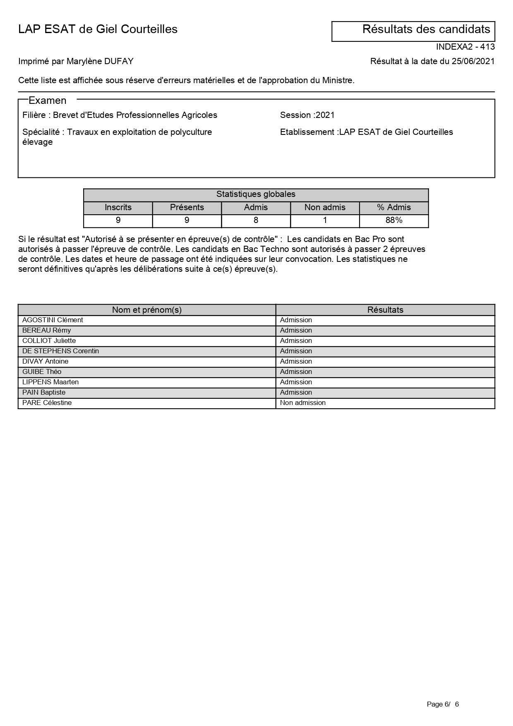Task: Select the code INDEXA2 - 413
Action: pos(465,47)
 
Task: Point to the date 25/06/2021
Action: pos(473,62)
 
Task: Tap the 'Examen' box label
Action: pos(48,101)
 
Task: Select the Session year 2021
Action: pos(325,115)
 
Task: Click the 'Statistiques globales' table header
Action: pos(256,194)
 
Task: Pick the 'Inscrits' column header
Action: pos(118,208)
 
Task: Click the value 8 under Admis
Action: pos(256,220)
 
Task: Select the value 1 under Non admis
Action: pos(325,220)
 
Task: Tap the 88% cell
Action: pos(394,220)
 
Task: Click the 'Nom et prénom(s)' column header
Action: pos(147,310)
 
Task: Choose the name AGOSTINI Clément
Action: pos(53,320)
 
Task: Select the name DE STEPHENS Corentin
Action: pos(60,351)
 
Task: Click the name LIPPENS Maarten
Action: pos(50,382)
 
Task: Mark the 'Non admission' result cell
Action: pos(303,403)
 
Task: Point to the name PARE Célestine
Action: pos(47,403)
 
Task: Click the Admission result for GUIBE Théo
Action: pos(296,372)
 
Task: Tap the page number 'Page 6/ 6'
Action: pos(443,704)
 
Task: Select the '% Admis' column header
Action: pos(394,208)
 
